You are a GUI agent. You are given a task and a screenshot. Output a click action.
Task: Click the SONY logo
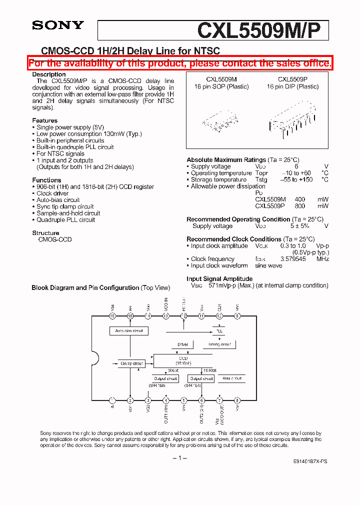point(58,25)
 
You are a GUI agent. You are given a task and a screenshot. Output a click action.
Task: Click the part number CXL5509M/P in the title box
point(262,30)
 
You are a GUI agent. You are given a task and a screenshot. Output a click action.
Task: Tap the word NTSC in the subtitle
point(206,51)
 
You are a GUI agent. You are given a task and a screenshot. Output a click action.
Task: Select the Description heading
point(49,74)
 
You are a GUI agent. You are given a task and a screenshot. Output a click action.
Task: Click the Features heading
point(45,120)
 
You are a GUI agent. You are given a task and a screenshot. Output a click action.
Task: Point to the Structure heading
point(46,233)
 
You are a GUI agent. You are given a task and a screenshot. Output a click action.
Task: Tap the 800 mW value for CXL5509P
point(300,206)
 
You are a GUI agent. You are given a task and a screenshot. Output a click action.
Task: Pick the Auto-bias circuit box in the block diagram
point(129,331)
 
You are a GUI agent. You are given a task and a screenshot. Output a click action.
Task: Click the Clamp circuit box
point(132,363)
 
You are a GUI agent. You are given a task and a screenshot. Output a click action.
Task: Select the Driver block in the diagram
point(183,344)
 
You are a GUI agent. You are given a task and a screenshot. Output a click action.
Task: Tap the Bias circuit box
point(232,378)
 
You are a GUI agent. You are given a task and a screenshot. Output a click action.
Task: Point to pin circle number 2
point(130,400)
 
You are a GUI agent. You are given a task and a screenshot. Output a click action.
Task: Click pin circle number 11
point(201,316)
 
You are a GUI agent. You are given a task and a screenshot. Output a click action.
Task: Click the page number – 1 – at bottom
point(180,458)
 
